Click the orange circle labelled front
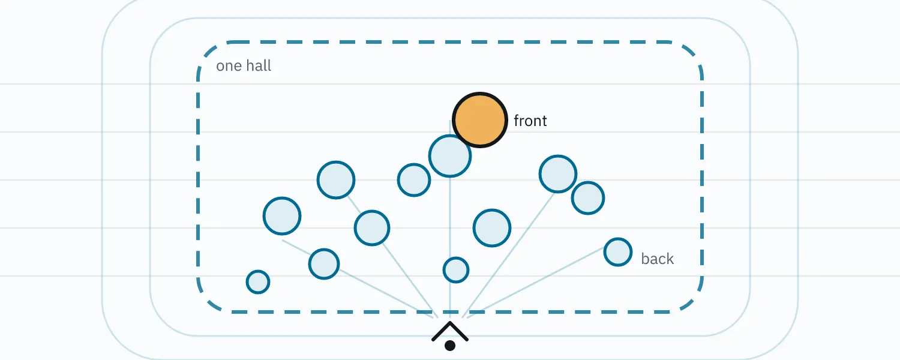click(x=480, y=120)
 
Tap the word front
click(x=530, y=121)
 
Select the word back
click(x=658, y=259)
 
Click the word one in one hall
click(x=229, y=66)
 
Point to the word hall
click(x=259, y=65)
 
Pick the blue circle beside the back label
click(x=618, y=252)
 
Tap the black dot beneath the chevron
click(x=450, y=346)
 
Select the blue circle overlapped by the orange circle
click(x=449, y=156)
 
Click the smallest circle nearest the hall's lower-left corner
click(x=258, y=281)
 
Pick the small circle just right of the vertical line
click(x=455, y=270)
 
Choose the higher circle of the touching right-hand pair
click(x=557, y=174)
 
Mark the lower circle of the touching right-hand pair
click(x=588, y=197)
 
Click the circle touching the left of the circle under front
click(x=414, y=179)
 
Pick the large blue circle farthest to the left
click(x=281, y=216)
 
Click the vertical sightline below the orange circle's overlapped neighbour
click(x=449, y=245)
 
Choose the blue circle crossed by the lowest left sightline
click(x=324, y=264)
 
